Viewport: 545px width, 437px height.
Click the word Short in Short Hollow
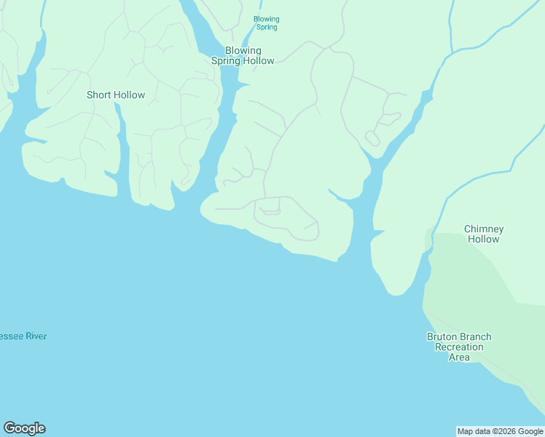click(99, 95)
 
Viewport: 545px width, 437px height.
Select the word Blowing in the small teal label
click(266, 19)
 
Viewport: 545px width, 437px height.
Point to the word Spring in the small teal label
click(267, 28)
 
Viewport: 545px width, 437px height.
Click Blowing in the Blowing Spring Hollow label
click(243, 51)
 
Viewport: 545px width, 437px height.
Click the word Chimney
click(484, 229)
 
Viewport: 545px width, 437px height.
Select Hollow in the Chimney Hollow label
click(484, 239)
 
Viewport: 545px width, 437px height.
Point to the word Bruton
click(444, 337)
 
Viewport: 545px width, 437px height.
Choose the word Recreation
click(459, 347)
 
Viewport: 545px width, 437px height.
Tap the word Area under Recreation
click(459, 357)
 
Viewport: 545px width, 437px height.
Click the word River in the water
click(36, 336)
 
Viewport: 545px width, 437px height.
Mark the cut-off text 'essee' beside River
click(12, 336)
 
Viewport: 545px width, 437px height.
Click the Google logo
click(24, 428)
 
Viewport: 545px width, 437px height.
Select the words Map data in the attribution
click(474, 432)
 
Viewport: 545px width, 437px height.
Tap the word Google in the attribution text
click(531, 432)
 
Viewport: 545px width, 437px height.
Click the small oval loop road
click(372, 138)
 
